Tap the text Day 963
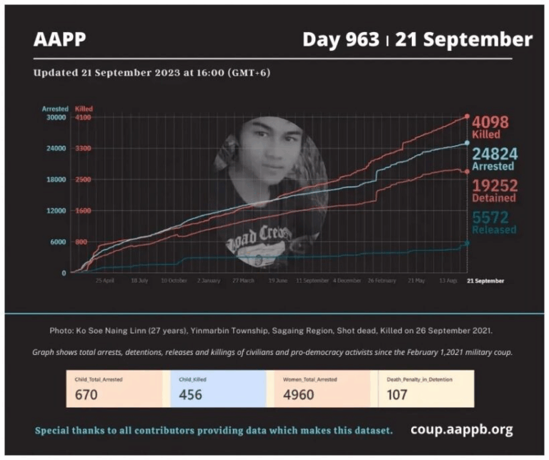340,39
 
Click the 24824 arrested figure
495,153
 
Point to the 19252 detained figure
494,185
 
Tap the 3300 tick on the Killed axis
83,149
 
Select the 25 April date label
104,281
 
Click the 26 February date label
382,281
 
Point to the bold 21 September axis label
485,281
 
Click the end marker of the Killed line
467,116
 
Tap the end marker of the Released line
467,243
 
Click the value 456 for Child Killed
190,394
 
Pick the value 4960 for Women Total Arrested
298,394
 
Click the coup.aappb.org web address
461,430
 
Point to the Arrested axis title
54,109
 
